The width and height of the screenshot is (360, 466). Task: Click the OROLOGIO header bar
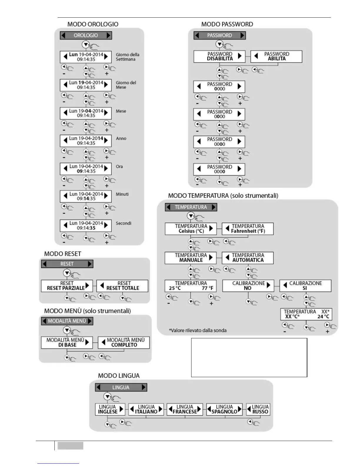(x=86, y=35)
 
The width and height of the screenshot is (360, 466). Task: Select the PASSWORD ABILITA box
(x=276, y=56)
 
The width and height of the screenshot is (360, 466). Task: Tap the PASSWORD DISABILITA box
(x=219, y=56)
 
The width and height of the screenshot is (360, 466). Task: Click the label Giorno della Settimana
(x=127, y=57)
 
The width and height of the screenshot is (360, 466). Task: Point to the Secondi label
(x=123, y=223)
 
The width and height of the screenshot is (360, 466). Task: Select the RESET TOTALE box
(x=122, y=286)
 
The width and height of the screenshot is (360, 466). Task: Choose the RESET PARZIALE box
(x=67, y=286)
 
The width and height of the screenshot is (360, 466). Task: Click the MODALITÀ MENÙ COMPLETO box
(x=124, y=342)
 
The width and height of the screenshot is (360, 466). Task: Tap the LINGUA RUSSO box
(x=258, y=409)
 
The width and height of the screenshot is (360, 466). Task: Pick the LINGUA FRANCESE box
(x=185, y=409)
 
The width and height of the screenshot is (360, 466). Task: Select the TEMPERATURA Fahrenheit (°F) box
(x=248, y=229)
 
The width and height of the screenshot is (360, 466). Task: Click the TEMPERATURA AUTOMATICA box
(x=248, y=257)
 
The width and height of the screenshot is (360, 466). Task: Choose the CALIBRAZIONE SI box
(x=305, y=286)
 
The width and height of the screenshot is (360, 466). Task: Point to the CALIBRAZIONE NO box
(x=248, y=286)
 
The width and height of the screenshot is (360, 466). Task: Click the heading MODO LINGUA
(x=119, y=376)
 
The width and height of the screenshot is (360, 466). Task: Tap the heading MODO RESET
(x=62, y=254)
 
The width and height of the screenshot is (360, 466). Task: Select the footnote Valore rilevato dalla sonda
(x=198, y=330)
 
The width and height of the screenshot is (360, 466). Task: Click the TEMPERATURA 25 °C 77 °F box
(x=191, y=286)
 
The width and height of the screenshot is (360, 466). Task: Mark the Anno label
(x=121, y=139)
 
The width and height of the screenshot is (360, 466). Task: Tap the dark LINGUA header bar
(x=121, y=387)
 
